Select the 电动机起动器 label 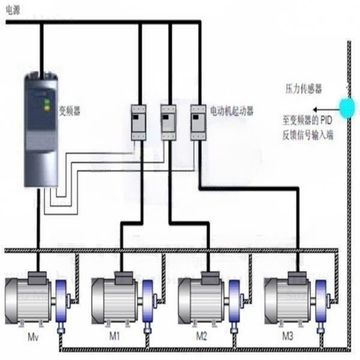click(x=231, y=111)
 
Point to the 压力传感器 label click(x=303, y=89)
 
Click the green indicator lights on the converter click(x=46, y=104)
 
